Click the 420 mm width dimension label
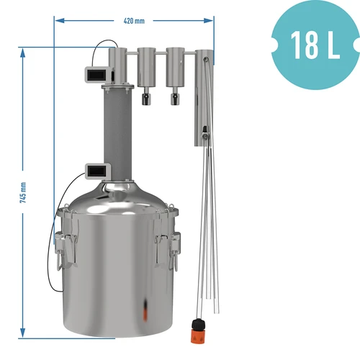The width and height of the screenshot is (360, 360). [134, 20]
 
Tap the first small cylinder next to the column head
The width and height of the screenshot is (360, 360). [146, 65]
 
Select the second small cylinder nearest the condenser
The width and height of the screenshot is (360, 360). [175, 65]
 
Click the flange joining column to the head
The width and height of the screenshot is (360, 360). [117, 87]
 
